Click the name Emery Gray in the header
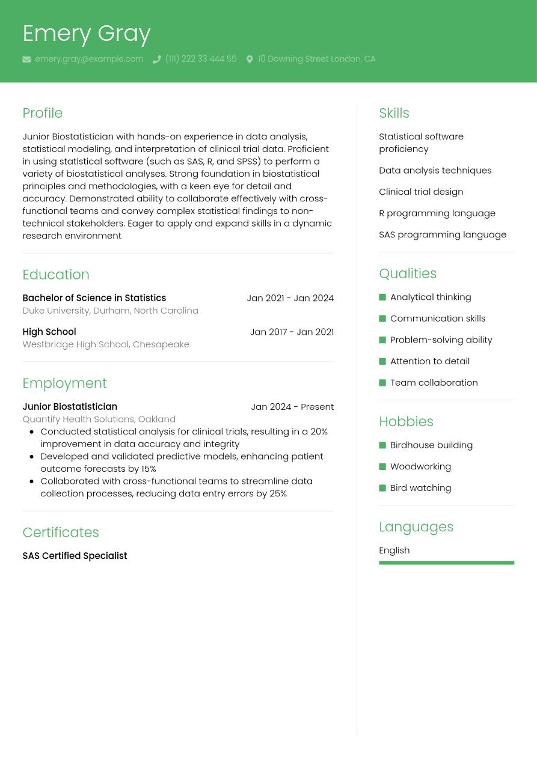86,34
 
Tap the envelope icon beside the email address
26,59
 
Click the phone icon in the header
157,59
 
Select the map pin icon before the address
250,59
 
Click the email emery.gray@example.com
89,59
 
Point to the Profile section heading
42,113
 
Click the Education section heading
55,275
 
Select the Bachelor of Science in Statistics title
94,298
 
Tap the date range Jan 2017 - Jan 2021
292,332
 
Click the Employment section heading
64,383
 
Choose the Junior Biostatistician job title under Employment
70,407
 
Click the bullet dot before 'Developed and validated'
31,456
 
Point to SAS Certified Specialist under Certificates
75,556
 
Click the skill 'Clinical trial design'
421,192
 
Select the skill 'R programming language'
437,213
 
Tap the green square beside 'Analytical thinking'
382,297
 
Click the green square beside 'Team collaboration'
382,383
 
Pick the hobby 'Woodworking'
420,466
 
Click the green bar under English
446,563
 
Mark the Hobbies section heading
406,422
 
